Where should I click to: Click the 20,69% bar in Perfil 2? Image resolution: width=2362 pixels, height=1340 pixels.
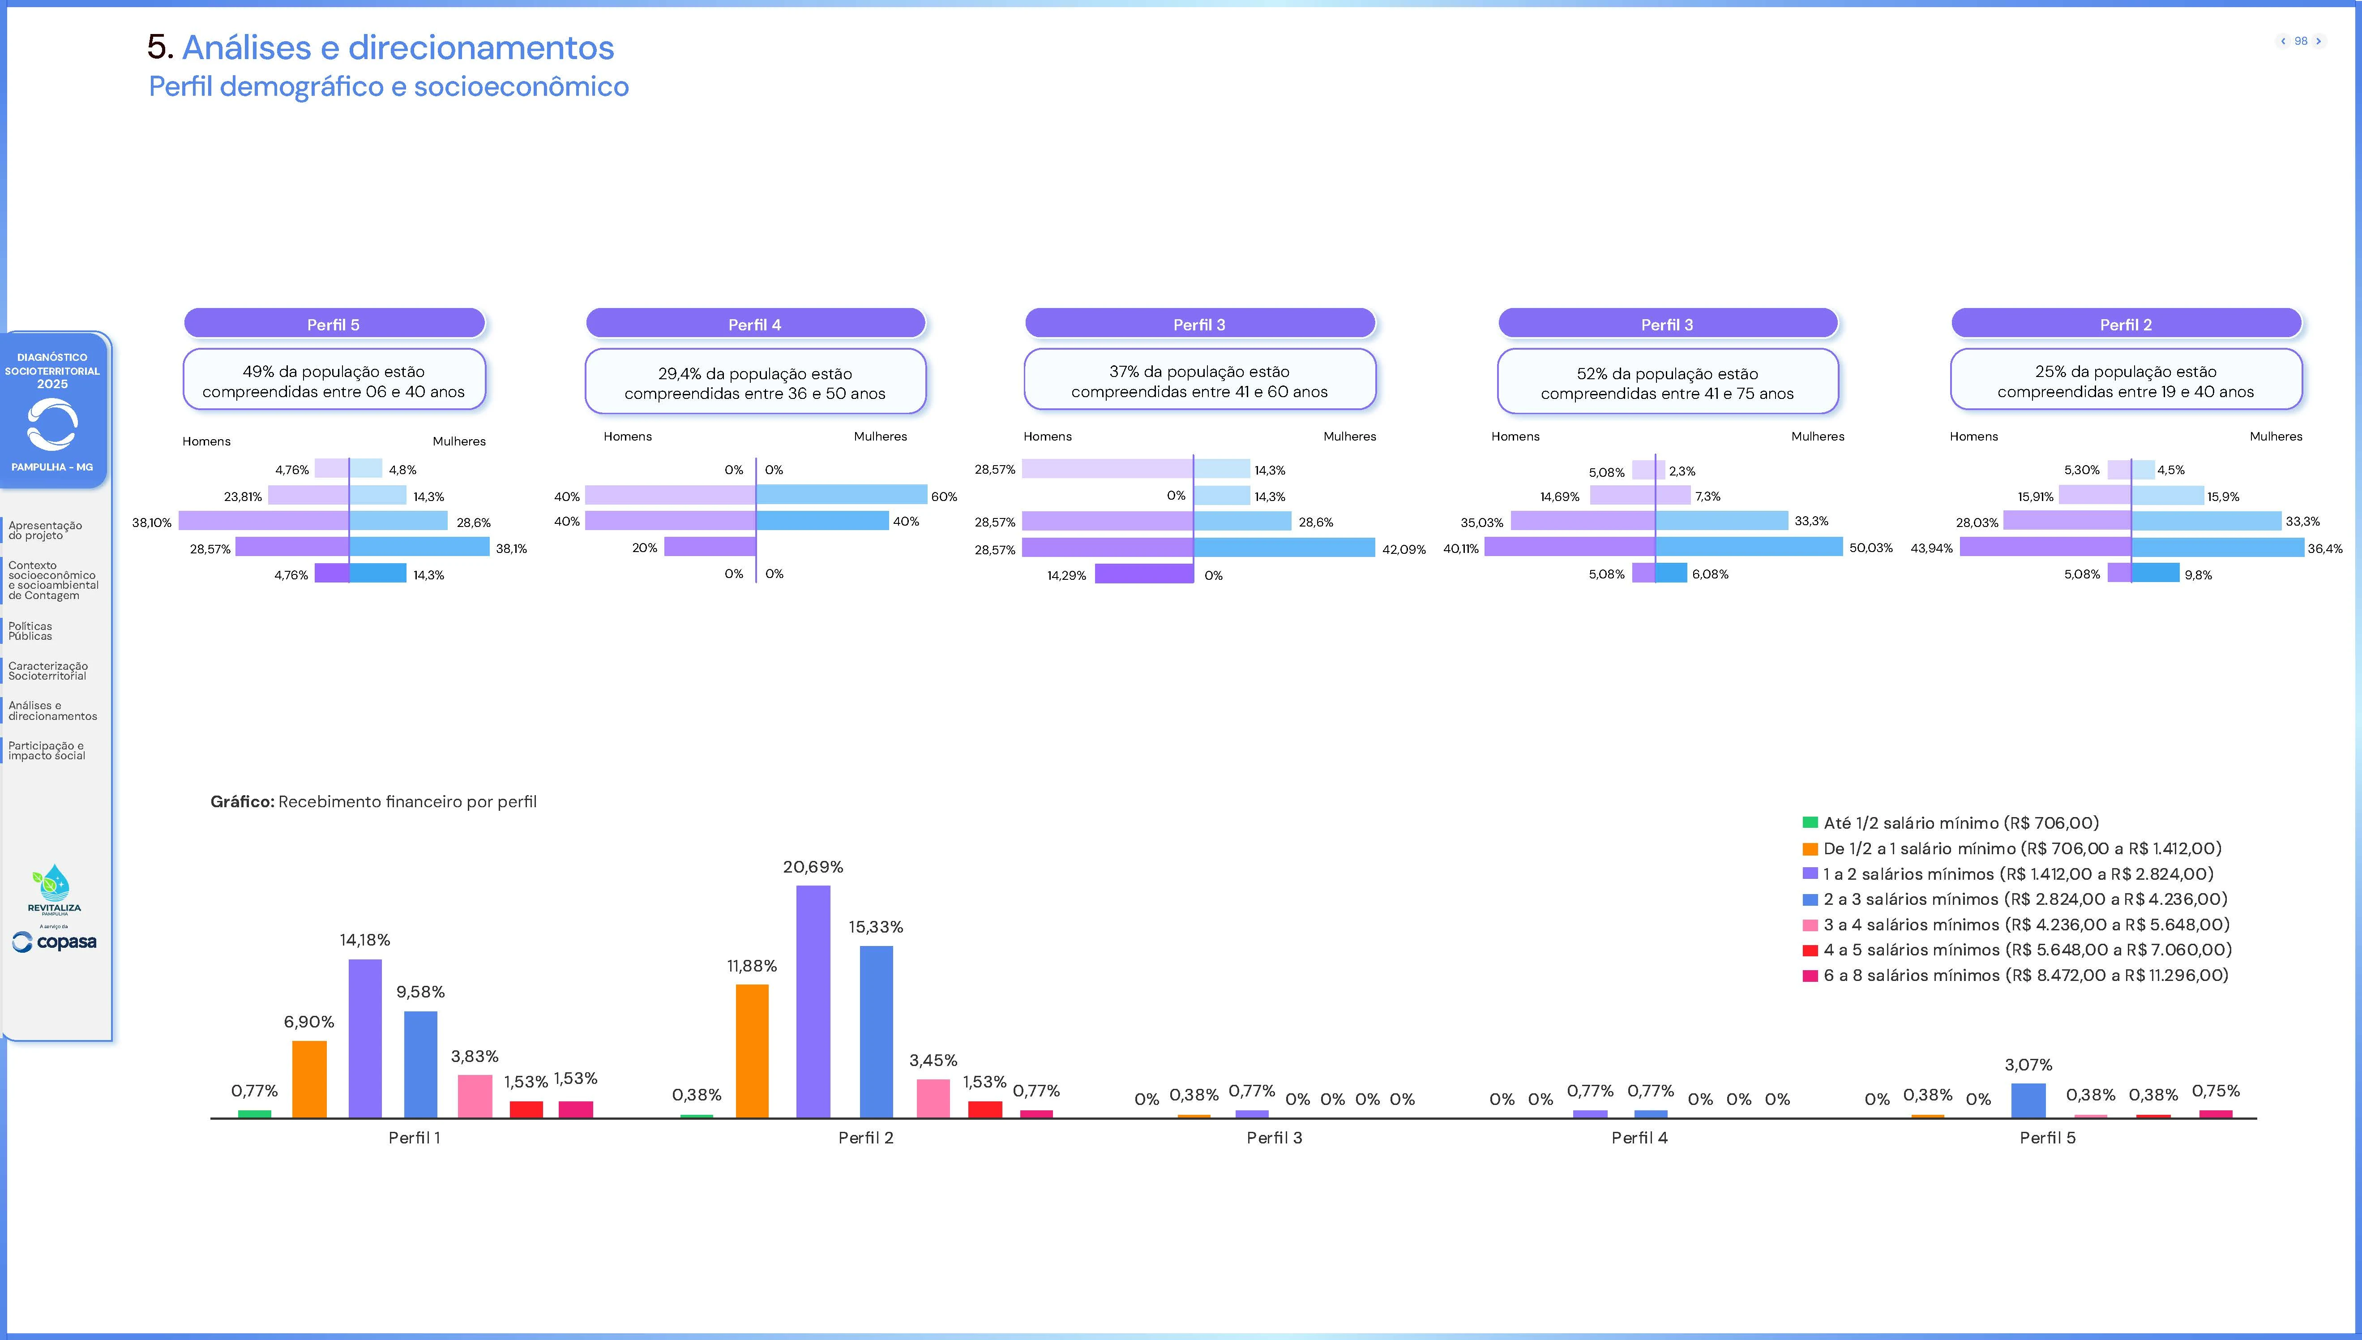[813, 1002]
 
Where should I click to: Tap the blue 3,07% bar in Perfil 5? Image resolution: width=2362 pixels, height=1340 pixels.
[2028, 1101]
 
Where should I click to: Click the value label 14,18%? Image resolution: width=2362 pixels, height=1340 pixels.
[364, 940]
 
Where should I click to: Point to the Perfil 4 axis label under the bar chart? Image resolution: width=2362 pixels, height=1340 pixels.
[1639, 1138]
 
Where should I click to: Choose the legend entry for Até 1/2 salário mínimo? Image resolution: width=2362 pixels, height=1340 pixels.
[1960, 823]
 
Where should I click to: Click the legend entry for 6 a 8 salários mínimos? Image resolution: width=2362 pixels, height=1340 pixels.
[2024, 975]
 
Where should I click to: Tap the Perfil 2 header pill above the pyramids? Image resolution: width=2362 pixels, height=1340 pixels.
[2126, 324]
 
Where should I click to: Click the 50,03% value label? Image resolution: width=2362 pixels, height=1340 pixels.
[1870, 548]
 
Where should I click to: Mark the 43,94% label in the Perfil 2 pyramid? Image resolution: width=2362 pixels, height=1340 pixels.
[1931, 548]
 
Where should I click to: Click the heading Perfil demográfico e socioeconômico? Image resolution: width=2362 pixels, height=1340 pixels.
[388, 86]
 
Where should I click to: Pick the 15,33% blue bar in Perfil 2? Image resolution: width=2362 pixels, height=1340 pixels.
[876, 1031]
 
